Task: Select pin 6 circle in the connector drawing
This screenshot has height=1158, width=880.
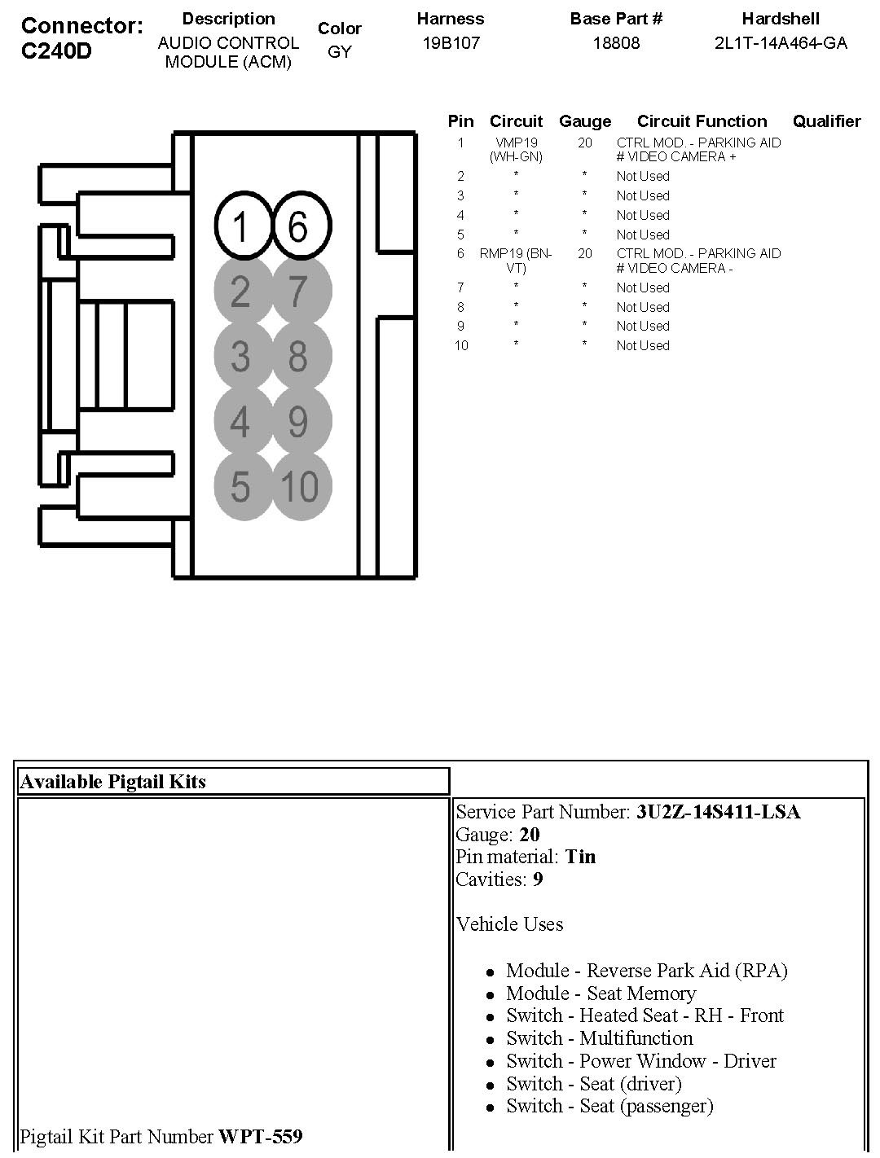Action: click(x=300, y=226)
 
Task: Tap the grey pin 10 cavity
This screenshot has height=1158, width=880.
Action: click(x=300, y=486)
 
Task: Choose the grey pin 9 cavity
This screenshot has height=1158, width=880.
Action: click(x=300, y=421)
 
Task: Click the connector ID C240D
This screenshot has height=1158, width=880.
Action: click(x=56, y=51)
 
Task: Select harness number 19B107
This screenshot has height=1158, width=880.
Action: click(x=451, y=43)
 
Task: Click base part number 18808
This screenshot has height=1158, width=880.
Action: click(x=616, y=43)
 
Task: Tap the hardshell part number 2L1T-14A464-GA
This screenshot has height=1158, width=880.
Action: click(x=781, y=43)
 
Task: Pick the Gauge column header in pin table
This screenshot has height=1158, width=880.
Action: click(x=585, y=121)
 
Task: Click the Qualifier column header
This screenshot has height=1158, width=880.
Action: click(x=826, y=121)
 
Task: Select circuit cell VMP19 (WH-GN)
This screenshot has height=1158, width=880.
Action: click(x=516, y=150)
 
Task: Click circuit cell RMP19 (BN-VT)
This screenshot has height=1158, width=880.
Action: click(x=516, y=261)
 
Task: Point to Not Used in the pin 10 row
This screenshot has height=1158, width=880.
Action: click(x=643, y=345)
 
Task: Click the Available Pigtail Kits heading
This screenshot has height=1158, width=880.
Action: click(x=113, y=782)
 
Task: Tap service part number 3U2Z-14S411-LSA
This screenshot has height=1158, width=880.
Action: click(x=719, y=812)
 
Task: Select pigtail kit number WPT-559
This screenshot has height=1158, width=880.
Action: click(x=261, y=1136)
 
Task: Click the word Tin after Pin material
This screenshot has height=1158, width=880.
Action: click(x=580, y=857)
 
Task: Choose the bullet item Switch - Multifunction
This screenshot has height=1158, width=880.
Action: click(x=599, y=1038)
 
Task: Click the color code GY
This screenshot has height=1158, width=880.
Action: click(x=339, y=52)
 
